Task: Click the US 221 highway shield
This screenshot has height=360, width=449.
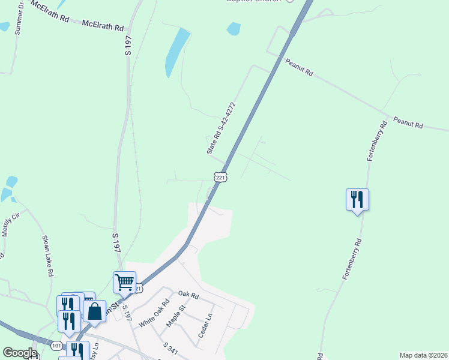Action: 220,177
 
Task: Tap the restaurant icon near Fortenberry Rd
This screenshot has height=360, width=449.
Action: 357,199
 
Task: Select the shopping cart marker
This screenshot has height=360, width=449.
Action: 124,281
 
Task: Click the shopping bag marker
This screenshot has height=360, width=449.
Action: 95,311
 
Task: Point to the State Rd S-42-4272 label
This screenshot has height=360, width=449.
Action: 221,128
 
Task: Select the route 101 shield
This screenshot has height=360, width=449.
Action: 56,346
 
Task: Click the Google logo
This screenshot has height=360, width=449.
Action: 19,352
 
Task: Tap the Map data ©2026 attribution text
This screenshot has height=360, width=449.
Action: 423,355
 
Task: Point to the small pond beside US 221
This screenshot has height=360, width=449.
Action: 234,28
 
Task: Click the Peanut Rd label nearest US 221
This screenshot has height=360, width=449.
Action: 299,67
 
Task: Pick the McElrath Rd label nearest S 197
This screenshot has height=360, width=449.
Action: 103,26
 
